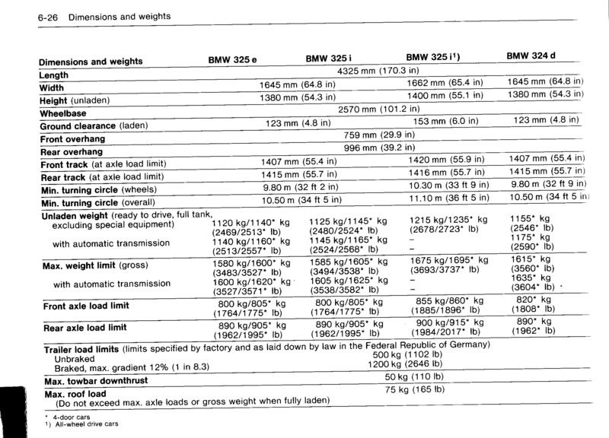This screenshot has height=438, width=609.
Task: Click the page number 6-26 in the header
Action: (17, 15)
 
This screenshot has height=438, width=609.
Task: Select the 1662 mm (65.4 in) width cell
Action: (448, 83)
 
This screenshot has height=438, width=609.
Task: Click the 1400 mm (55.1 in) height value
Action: (448, 96)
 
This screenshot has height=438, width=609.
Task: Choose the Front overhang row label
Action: (73, 139)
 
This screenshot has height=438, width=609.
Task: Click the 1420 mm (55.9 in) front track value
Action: (448, 160)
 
